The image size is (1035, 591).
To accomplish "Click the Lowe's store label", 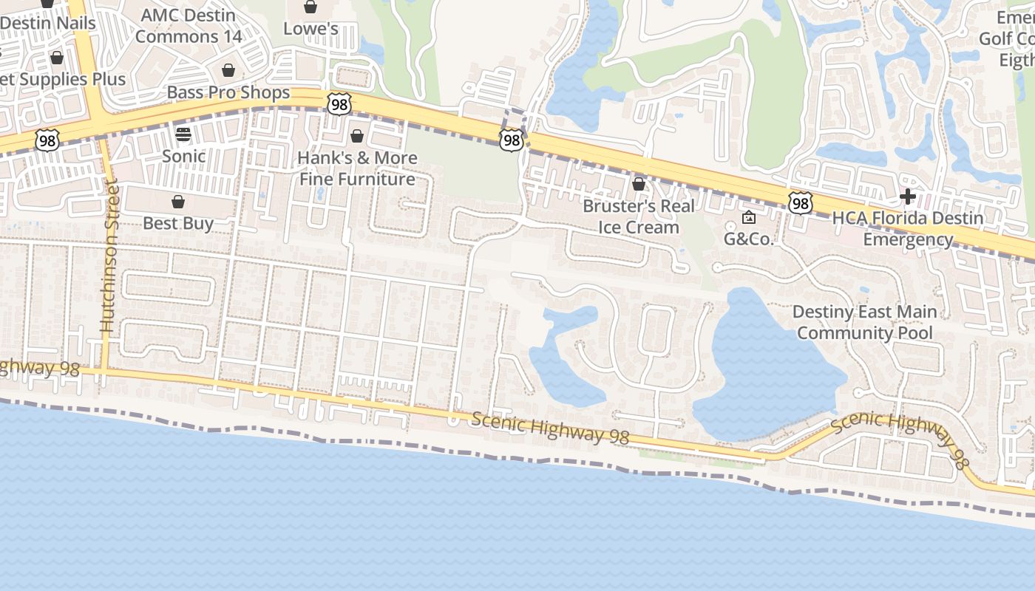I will pos(310,29).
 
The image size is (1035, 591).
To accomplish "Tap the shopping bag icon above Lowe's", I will pos(310,7).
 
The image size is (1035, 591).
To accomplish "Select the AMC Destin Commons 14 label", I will pos(188,26).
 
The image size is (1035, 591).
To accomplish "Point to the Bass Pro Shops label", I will pos(228,92).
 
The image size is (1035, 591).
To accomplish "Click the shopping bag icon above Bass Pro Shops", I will pos(228,70).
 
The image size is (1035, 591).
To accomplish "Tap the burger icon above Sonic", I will pos(183,134).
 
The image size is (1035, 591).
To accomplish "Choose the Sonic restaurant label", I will pos(183,156).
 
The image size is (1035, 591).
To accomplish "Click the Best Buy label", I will pos(178,223).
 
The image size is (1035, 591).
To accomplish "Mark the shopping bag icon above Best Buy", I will pos(178,202).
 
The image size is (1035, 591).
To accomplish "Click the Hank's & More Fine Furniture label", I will pos(357,168).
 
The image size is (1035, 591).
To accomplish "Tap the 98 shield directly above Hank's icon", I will pos(339,104).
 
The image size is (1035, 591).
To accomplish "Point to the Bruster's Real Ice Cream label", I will pos(639,216).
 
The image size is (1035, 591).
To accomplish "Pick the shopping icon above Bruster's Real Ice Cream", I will pos(639,183).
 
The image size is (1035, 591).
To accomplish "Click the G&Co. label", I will pos(748,239).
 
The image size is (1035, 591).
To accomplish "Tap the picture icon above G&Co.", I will pos(748,217).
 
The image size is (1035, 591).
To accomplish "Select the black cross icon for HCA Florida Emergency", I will pos(908,197).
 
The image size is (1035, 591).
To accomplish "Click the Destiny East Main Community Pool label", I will pos(865,322).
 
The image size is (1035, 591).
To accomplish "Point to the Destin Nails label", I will pos(48,23).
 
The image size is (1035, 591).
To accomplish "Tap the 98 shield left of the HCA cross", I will pos(800,202).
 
